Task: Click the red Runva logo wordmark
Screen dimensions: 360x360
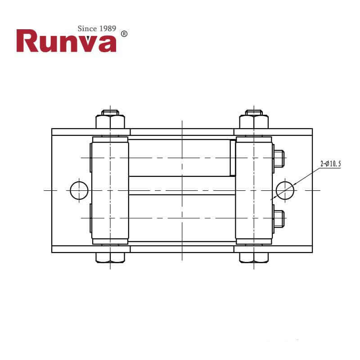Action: (x=66, y=41)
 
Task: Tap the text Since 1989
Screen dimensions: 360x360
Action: (x=97, y=29)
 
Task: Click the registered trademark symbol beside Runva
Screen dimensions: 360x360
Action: (x=125, y=34)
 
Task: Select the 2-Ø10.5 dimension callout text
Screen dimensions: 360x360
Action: (x=331, y=164)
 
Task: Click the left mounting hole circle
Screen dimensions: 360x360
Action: (x=79, y=190)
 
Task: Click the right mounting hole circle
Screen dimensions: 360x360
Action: (x=285, y=190)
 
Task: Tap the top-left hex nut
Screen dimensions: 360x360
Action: (x=110, y=122)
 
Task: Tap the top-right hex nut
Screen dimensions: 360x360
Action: (x=254, y=122)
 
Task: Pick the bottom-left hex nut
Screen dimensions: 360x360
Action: (x=110, y=258)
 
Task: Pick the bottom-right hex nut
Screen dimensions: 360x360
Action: (x=254, y=258)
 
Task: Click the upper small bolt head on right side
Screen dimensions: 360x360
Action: (x=279, y=159)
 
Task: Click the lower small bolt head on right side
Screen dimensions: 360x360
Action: (x=279, y=219)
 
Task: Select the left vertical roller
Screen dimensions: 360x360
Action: (x=110, y=190)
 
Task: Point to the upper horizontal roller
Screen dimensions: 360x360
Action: (x=180, y=157)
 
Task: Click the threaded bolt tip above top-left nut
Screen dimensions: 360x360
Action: (x=110, y=112)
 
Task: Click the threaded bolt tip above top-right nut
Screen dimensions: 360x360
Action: (x=254, y=112)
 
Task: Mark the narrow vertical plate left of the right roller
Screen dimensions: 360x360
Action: (x=233, y=157)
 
